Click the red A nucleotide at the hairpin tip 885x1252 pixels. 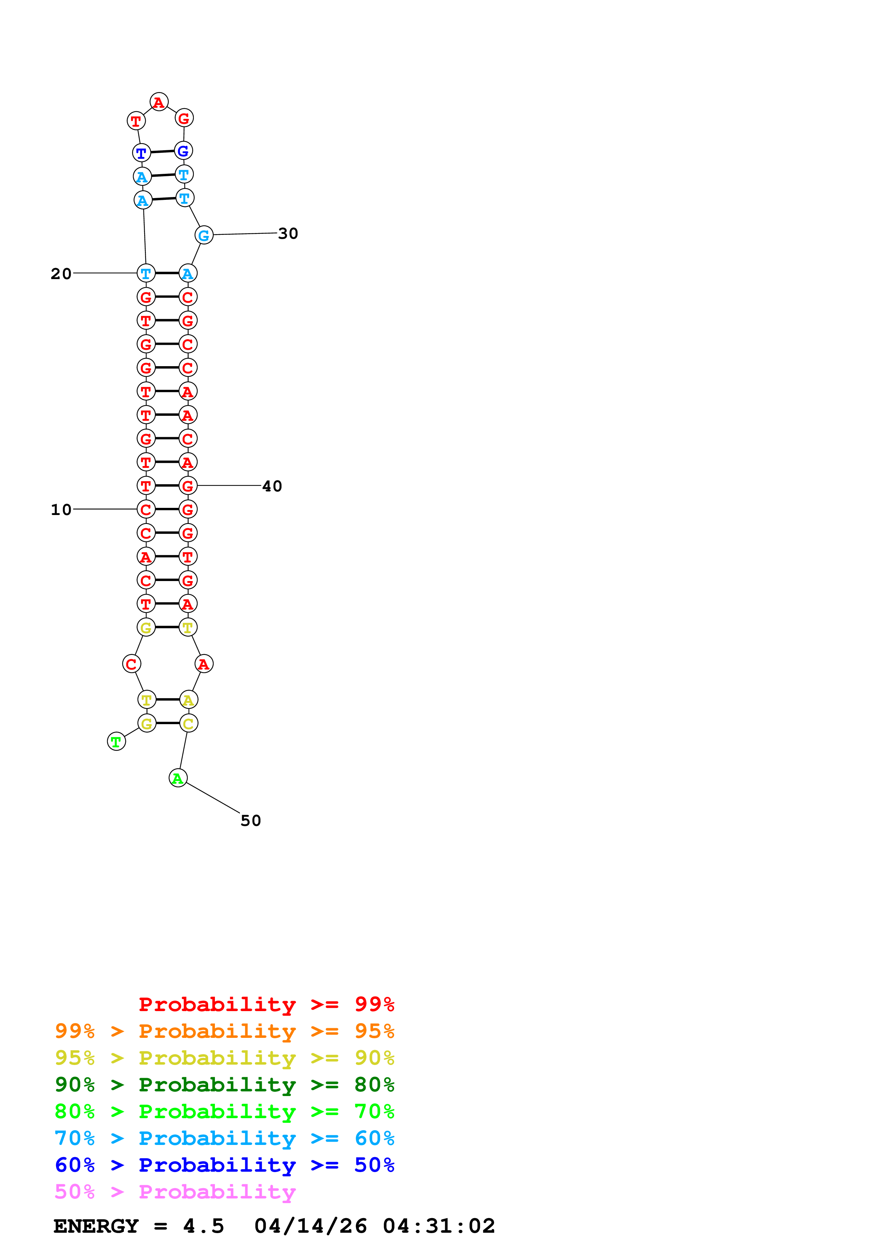click(x=159, y=102)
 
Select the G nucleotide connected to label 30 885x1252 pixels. click(x=204, y=236)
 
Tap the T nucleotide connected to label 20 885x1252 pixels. click(x=146, y=273)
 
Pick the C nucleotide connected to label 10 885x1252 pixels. click(x=146, y=509)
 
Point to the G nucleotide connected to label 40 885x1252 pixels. click(x=187, y=486)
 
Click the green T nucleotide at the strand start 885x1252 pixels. click(x=116, y=742)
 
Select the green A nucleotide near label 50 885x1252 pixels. click(x=178, y=778)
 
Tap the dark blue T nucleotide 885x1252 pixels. click(x=141, y=153)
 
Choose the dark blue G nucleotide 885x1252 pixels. click(x=183, y=151)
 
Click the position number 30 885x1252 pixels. click(x=288, y=233)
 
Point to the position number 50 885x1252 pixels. click(x=251, y=821)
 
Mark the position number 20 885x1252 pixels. click(x=61, y=274)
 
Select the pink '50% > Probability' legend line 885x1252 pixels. click(x=175, y=1192)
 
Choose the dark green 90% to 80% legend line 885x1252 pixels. click(x=225, y=1085)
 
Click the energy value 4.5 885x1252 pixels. click(x=203, y=1226)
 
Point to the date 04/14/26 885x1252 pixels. click(x=310, y=1226)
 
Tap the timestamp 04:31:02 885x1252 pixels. click(x=439, y=1226)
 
